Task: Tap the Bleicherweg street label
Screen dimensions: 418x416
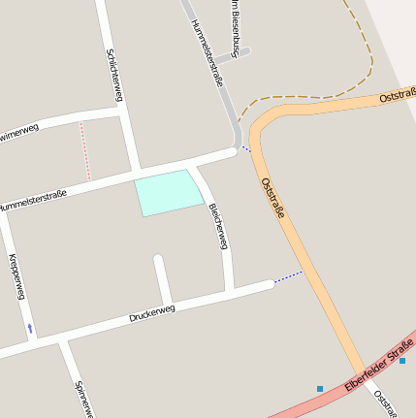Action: [x=218, y=227]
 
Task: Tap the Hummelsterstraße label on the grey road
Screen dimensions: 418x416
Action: [x=208, y=53]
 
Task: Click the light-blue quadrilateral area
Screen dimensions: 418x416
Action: [x=168, y=192]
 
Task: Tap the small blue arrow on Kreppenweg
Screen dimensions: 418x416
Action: [x=30, y=328]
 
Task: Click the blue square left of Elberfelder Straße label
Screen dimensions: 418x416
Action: [x=320, y=389]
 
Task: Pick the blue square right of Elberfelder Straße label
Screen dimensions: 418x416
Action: [x=402, y=360]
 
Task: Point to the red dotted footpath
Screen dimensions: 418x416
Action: [x=84, y=150]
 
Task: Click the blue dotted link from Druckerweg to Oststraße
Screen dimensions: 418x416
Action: [x=288, y=278]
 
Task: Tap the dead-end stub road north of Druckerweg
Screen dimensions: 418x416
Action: [x=162, y=278]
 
